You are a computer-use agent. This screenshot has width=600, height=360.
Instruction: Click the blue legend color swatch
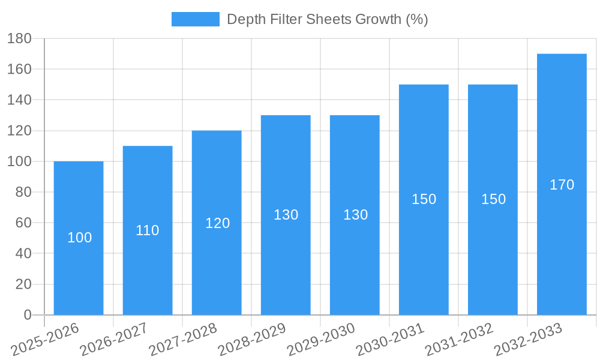[196, 19]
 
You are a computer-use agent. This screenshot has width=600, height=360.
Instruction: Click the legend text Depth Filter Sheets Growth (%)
[327, 19]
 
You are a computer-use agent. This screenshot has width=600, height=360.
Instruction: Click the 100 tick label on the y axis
[20, 161]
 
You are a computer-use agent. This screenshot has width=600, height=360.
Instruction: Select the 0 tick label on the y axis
[28, 315]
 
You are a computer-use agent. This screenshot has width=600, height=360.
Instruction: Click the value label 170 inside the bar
[562, 185]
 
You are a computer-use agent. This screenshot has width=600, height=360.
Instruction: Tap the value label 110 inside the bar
[148, 230]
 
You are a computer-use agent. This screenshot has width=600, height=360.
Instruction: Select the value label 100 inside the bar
[79, 238]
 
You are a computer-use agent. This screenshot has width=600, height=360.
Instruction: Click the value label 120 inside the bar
[217, 223]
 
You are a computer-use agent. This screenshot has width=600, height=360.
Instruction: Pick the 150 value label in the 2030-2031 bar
[424, 199]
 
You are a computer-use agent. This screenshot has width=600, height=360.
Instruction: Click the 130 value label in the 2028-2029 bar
[286, 215]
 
